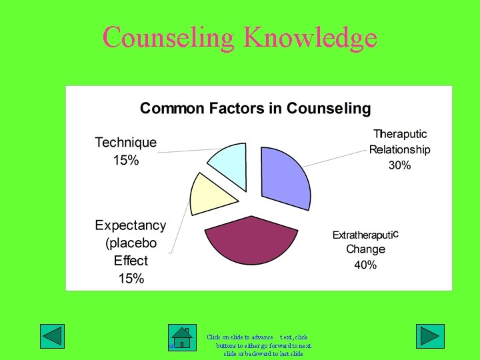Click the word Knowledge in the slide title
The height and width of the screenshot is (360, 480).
pos(310,37)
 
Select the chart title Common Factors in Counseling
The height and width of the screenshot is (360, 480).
pos(255,108)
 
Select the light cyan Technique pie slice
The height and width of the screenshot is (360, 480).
pos(230,164)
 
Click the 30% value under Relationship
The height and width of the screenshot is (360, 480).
pos(399,165)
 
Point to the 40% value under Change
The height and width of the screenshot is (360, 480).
pos(365,265)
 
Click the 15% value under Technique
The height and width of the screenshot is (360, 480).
pos(125,160)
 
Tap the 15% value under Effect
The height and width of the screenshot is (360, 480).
pos(131,278)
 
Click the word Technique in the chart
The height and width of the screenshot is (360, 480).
pos(126,143)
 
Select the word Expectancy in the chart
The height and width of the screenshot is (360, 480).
pos(131,225)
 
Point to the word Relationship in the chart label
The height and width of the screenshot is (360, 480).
pos(399,150)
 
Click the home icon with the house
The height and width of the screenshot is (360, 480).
pos(182,337)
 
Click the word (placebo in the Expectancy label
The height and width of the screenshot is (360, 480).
pos(131,243)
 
